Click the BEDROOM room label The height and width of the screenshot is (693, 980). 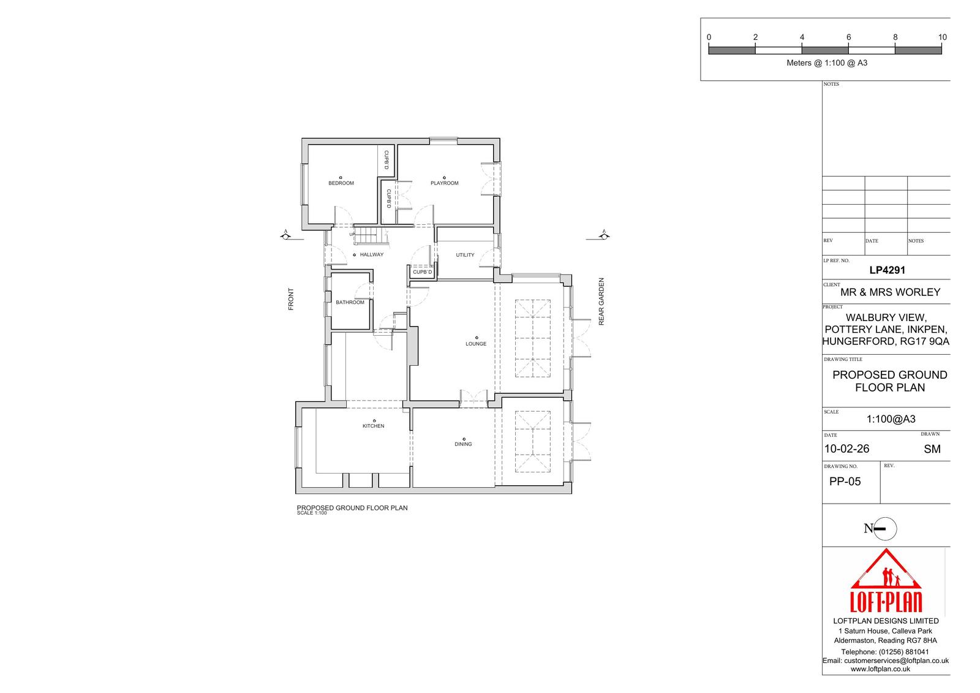[341, 183]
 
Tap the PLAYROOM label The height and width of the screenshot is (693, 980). [444, 183]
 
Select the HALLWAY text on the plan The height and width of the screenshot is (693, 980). [371, 254]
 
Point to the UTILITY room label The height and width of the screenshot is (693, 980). [465, 255]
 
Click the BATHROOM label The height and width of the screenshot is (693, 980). [350, 302]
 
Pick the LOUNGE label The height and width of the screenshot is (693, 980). [475, 344]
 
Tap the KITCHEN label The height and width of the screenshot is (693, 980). [373, 426]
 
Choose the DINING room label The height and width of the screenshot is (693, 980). [463, 444]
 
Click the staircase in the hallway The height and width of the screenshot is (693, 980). [371, 237]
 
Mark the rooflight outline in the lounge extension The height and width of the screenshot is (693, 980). [532, 338]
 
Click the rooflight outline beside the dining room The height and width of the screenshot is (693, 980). [532, 441]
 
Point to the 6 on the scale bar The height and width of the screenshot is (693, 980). [848, 37]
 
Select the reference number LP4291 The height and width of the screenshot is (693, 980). [887, 270]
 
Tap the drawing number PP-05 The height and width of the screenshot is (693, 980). [845, 482]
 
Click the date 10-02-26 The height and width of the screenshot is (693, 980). [846, 449]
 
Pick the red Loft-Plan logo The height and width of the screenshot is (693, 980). [886, 580]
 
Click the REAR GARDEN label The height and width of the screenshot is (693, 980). [601, 301]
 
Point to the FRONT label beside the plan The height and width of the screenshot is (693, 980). [291, 299]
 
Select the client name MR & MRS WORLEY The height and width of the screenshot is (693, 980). [890, 292]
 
